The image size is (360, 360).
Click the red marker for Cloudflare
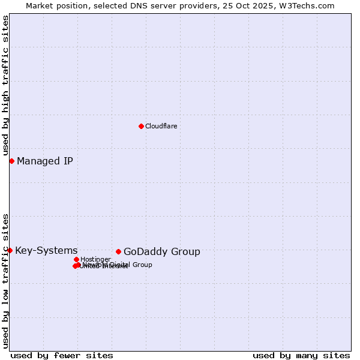point(141,126)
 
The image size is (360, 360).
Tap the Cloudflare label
point(161,126)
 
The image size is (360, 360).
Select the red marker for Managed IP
point(11,161)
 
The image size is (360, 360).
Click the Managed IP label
point(45,161)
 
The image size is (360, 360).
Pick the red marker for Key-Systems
point(10,250)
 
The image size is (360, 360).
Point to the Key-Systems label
point(46,250)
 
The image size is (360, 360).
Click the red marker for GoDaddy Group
point(118,251)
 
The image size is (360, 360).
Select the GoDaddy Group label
point(161,252)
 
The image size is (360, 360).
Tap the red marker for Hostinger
point(76,259)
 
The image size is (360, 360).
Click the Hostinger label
point(95,259)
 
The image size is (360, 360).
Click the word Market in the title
point(39,5)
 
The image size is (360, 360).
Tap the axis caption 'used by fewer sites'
point(62,355)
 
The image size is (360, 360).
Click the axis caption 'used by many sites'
point(301,355)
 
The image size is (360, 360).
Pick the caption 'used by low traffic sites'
point(5,280)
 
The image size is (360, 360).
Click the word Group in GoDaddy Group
point(187,252)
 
